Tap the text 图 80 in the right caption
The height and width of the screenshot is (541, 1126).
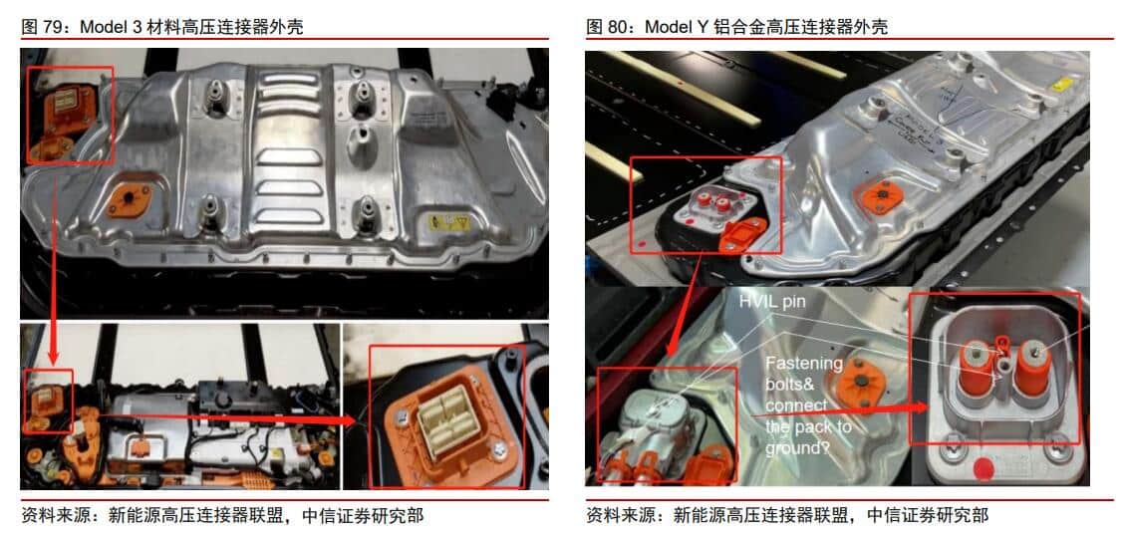[608, 27]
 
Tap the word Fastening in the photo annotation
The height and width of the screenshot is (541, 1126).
[803, 364]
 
